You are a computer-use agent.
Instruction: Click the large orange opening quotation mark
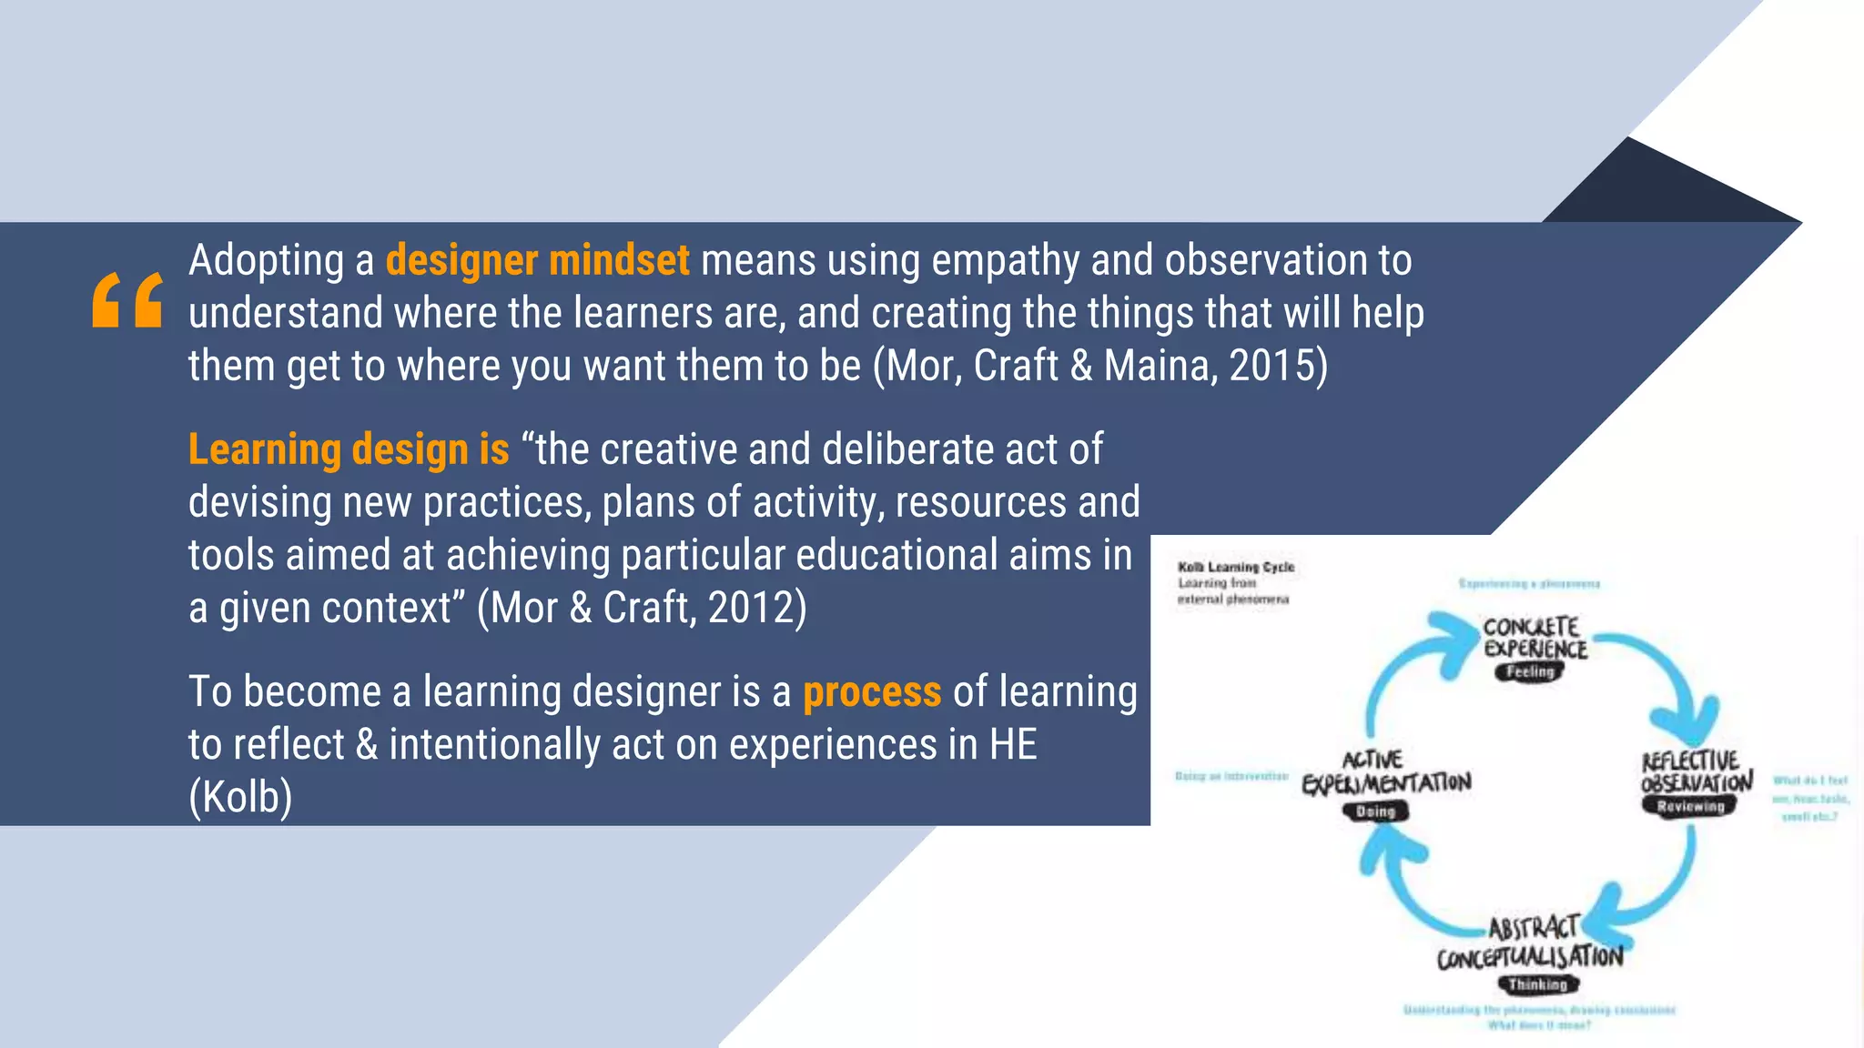click(127, 299)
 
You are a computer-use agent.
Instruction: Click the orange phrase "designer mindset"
click(537, 260)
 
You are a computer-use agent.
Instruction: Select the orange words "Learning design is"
click(349, 449)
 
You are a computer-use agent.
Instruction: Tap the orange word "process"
click(871, 692)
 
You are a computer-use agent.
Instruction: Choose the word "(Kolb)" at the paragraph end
click(240, 798)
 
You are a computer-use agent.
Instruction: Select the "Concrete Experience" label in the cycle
click(1535, 637)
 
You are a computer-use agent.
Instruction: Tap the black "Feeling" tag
click(1530, 672)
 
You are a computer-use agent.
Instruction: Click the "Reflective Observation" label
click(1696, 771)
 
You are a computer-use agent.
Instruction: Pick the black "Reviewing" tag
click(1690, 807)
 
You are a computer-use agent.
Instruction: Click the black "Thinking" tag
click(1538, 984)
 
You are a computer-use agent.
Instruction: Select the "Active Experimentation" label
click(1385, 771)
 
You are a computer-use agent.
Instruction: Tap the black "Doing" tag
click(1375, 811)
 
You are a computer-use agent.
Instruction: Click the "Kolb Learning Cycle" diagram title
click(1235, 567)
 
